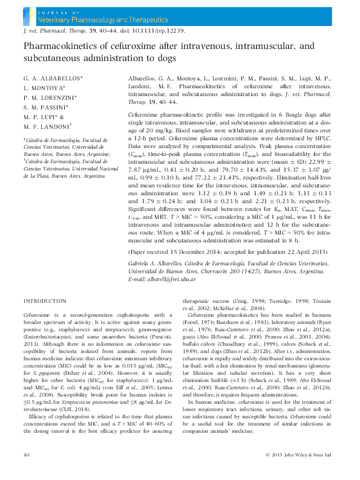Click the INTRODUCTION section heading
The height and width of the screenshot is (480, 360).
click(45, 300)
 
